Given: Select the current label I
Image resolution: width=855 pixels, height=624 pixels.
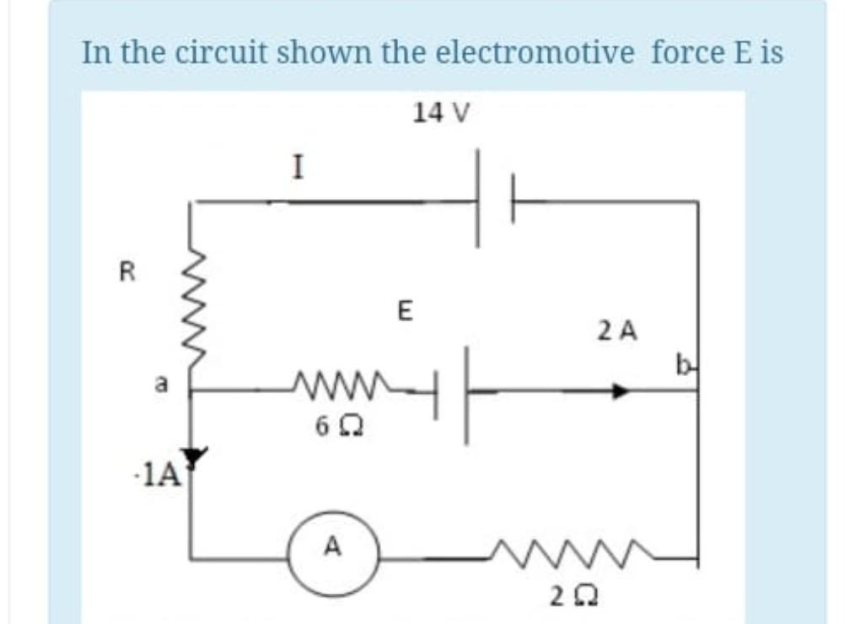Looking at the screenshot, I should click(296, 169).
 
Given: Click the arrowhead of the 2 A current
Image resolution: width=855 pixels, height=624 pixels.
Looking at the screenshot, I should click(621, 391).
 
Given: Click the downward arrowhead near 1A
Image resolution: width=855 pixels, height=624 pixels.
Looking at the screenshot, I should click(195, 457).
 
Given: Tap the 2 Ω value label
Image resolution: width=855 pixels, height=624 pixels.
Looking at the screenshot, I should click(565, 597).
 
